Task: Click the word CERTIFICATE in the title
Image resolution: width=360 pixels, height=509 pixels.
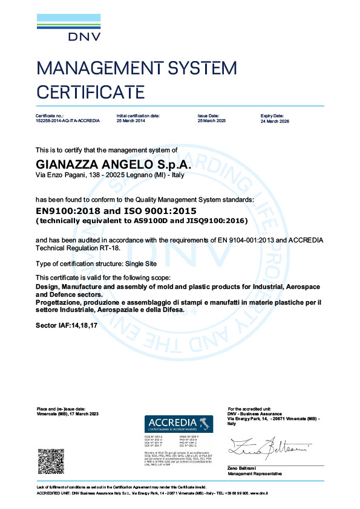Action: pyautogui.click(x=91, y=92)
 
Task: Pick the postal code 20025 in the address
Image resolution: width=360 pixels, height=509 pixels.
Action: pyautogui.click(x=115, y=175)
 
